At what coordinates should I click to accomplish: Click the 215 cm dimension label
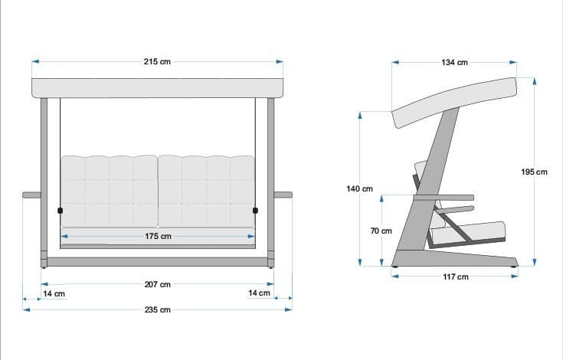[x=157, y=61]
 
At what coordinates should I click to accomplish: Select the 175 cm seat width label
[x=158, y=237]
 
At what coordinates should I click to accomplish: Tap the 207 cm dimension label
[x=158, y=284]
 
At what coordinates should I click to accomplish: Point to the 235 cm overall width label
[x=158, y=309]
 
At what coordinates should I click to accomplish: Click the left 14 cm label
[x=54, y=293]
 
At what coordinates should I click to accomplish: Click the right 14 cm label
[x=260, y=293]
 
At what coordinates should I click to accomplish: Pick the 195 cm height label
[x=534, y=172]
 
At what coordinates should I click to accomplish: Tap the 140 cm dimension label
[x=359, y=188]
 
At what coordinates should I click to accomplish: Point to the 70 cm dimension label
[x=381, y=231]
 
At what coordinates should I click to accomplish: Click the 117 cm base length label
[x=457, y=277]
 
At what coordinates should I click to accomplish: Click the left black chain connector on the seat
[x=60, y=210]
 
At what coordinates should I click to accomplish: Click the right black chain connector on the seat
[x=256, y=210]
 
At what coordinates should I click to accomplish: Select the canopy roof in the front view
[x=158, y=87]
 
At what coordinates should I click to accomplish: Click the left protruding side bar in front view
[x=31, y=195]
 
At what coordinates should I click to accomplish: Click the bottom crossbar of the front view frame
[x=158, y=261]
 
